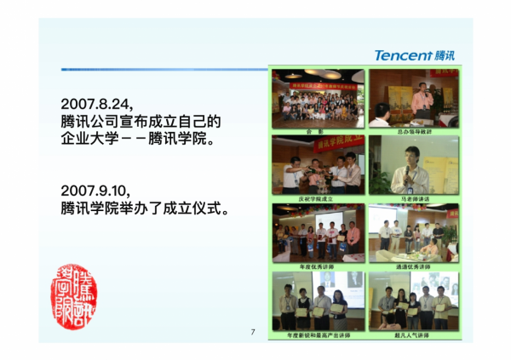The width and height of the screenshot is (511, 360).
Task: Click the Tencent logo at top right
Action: click(415, 55)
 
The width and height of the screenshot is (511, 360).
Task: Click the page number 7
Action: click(252, 332)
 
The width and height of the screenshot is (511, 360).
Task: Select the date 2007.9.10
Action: click(95, 188)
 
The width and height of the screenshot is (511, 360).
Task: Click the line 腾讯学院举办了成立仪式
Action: click(145, 207)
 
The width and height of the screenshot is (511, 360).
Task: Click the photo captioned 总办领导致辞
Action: click(413, 98)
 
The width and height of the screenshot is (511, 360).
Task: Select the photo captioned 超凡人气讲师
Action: click(413, 300)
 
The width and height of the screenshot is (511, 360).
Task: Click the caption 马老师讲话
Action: click(413, 198)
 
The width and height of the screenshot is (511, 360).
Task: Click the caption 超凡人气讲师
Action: click(413, 335)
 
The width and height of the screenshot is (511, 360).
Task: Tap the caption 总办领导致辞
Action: click(413, 132)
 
